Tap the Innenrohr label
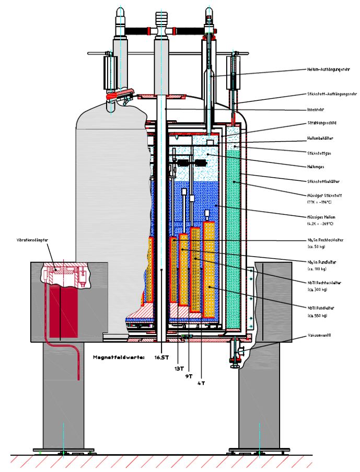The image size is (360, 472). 316,110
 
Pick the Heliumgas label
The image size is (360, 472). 316,167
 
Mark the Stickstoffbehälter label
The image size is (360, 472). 323,181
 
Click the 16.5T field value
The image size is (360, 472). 161,358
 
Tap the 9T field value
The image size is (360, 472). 189,375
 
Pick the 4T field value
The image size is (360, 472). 201,383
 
